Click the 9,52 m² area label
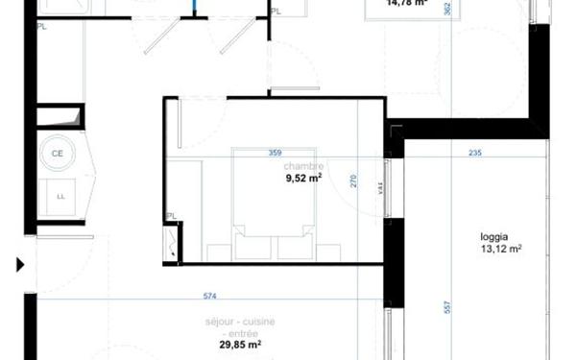point(302,177)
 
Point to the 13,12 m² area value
point(500,249)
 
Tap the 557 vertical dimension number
point(447,307)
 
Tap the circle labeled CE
point(58,153)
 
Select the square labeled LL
point(60,196)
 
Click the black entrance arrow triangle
point(19,264)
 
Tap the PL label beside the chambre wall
point(170,216)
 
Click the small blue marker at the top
point(194,7)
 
